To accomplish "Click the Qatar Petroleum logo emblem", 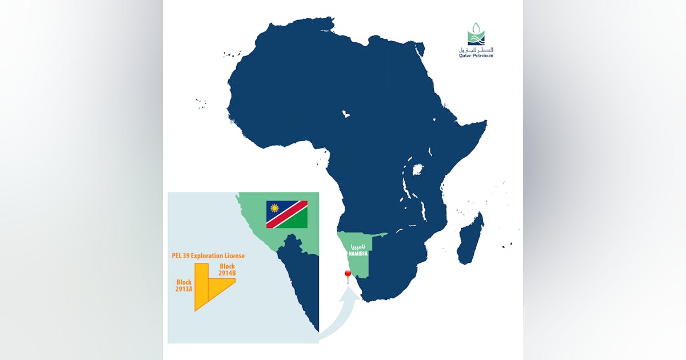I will pyautogui.click(x=476, y=34).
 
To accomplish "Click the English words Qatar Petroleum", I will pyautogui.click(x=476, y=55).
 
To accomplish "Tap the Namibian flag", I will pyautogui.click(x=287, y=214).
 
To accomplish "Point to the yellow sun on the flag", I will pyautogui.click(x=274, y=208).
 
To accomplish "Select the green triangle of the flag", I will pyautogui.click(x=298, y=221).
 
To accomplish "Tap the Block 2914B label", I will pyautogui.click(x=227, y=270).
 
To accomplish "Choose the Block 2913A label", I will pyautogui.click(x=184, y=286).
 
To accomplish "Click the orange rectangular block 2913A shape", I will pyautogui.click(x=201, y=286).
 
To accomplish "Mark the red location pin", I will pyautogui.click(x=346, y=276).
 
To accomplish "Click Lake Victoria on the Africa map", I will pyautogui.click(x=418, y=170).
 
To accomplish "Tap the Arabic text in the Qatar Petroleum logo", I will pyautogui.click(x=476, y=49).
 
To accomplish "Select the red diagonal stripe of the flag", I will pyautogui.click(x=287, y=214).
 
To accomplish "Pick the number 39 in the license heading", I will pyautogui.click(x=192, y=255).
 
